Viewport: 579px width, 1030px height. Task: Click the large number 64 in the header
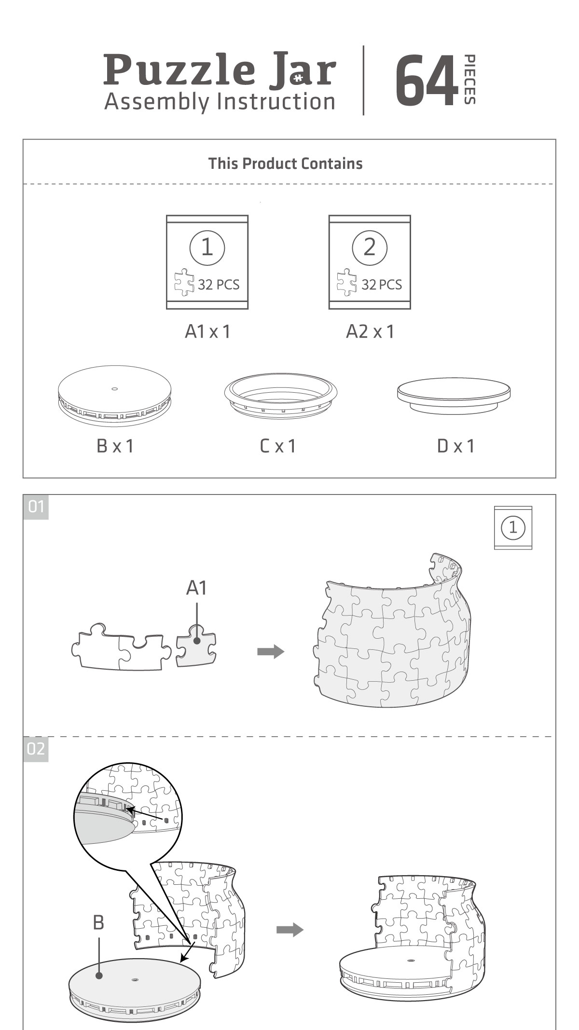427,80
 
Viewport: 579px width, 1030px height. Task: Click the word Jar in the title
303,71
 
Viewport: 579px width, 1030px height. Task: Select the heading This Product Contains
285,164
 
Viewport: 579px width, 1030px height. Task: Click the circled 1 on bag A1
207,247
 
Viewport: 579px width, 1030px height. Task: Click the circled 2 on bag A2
369,247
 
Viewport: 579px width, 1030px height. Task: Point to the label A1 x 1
207,331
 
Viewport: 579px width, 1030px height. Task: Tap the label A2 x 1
370,331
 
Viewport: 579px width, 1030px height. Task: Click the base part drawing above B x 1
114,395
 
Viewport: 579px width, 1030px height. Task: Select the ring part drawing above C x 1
280,394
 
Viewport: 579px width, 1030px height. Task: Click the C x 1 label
278,446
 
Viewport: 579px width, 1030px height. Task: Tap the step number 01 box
36,507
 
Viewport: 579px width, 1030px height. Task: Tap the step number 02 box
36,749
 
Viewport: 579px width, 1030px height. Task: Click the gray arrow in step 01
271,651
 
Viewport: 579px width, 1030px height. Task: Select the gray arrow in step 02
289,930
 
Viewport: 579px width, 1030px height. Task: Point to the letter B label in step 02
98,922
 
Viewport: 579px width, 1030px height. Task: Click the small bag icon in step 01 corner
513,527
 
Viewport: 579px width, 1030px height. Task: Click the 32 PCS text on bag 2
381,285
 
